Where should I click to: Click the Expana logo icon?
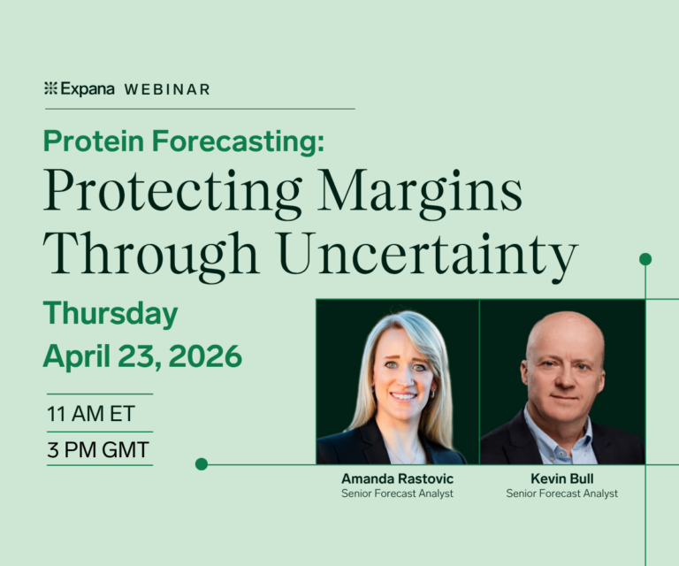[50, 88]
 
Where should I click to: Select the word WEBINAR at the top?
[167, 89]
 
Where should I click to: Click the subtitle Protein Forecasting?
[184, 141]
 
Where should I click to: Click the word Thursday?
[111, 314]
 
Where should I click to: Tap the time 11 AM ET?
[91, 413]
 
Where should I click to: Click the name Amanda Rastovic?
[397, 478]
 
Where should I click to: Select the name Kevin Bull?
[561, 478]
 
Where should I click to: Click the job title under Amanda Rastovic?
[397, 493]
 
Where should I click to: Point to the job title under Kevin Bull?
[561, 493]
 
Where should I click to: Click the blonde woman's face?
[402, 371]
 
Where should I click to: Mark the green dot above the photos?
[645, 259]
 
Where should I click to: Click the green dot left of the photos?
[202, 463]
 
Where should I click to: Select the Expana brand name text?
[87, 88]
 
